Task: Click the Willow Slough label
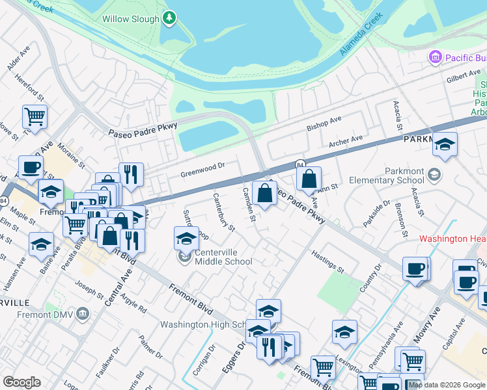pyautogui.click(x=130, y=19)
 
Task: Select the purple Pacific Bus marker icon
pyautogui.click(x=435, y=58)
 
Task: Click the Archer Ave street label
pyautogui.click(x=345, y=141)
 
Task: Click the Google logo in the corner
pyautogui.click(x=21, y=382)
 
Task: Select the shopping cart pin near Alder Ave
pyautogui.click(x=35, y=117)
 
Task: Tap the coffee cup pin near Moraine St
pyautogui.click(x=31, y=167)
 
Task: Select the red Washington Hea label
pyautogui.click(x=452, y=239)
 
